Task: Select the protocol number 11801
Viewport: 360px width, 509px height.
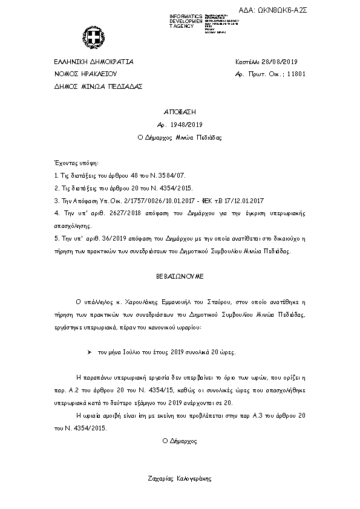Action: (295, 74)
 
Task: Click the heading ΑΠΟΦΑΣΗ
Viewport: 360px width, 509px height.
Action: (180, 112)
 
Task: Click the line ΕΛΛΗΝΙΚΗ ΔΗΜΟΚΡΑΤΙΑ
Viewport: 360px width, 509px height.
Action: (93, 62)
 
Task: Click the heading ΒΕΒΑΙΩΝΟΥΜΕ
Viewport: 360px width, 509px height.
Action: (180, 275)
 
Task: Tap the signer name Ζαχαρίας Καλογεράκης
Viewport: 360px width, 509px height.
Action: (180, 479)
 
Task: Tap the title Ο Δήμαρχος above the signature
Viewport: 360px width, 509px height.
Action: (180, 441)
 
